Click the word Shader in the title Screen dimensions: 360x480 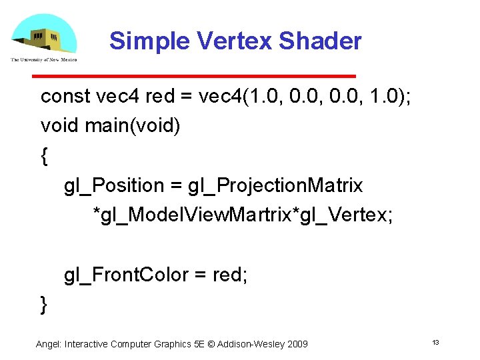(320, 41)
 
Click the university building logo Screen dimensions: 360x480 (43, 37)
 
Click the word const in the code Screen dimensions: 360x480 (65, 97)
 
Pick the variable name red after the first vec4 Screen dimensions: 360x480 (159, 97)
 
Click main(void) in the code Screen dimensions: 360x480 (133, 125)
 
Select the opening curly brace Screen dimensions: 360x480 (44, 156)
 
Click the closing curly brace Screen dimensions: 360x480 (44, 304)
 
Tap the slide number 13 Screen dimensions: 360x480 (435, 343)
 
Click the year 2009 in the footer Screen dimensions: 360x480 (297, 344)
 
